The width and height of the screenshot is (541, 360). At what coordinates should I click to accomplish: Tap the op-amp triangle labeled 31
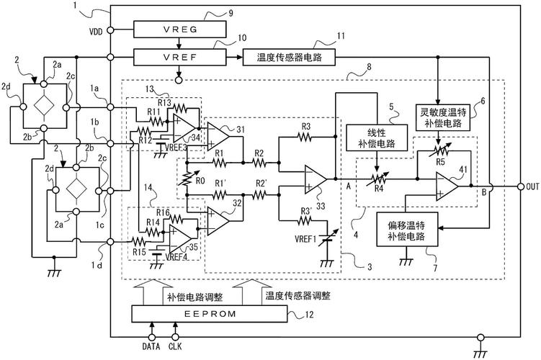[217, 133]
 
